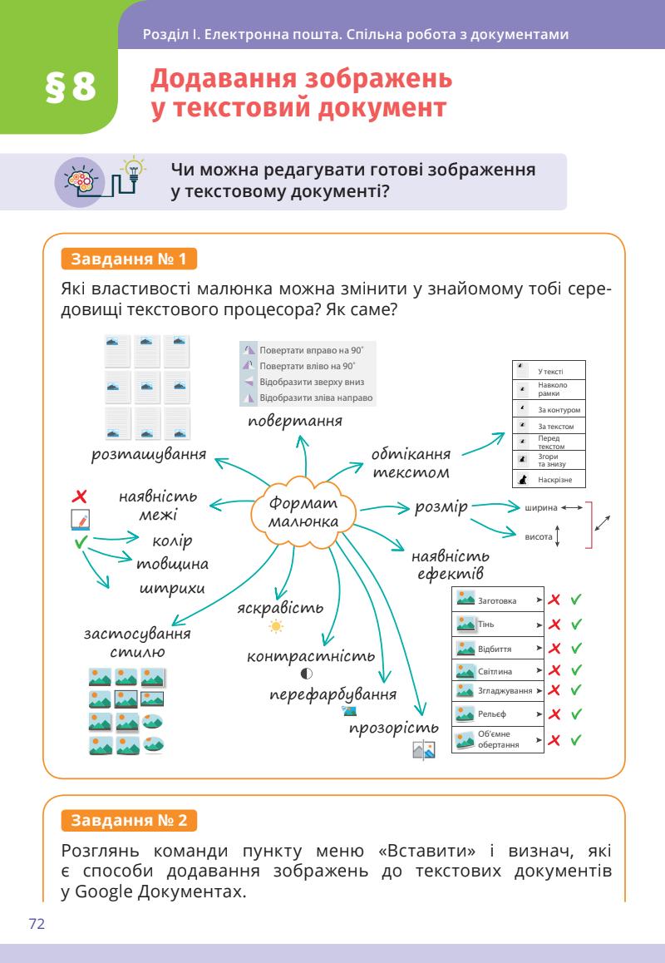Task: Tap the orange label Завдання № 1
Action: (x=129, y=259)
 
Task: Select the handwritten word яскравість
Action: (x=279, y=607)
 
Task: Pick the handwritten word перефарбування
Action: (x=332, y=694)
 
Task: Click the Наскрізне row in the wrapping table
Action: (x=548, y=480)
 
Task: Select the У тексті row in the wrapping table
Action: (x=548, y=370)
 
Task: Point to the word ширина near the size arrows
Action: (x=540, y=507)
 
